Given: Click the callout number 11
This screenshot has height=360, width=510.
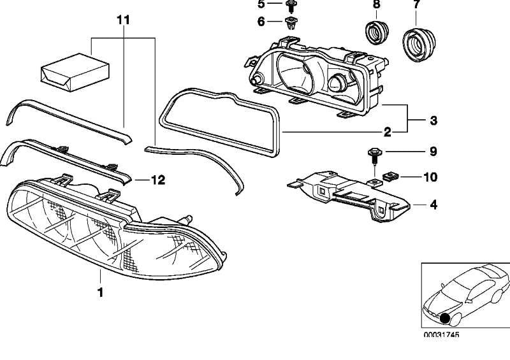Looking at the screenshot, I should pos(123,20).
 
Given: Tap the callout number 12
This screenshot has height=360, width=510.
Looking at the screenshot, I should pos(157,180).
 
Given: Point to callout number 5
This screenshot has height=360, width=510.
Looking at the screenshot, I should pos(260,4).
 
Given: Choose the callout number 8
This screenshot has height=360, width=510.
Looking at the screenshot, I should pos(375,5).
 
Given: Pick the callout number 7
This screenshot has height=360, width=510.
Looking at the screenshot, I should pos(416,5).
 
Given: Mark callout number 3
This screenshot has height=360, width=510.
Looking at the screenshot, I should pos(433,120).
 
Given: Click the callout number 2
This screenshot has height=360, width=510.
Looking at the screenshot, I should pos(386,133).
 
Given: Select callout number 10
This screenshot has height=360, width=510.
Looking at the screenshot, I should pos(430,176).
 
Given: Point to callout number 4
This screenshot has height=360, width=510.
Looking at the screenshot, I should pos(433,205).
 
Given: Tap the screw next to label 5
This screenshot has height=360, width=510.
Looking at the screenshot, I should pos(291,6).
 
